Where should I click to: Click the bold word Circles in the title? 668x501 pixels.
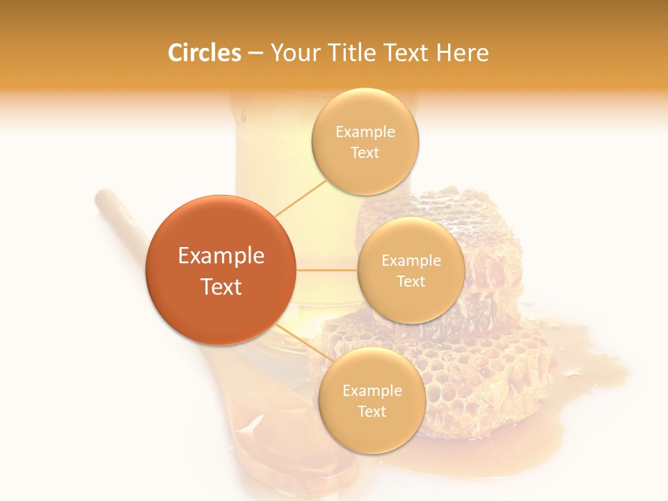205,53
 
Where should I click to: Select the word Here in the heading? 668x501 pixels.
462,53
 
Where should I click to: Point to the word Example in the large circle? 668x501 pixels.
221,256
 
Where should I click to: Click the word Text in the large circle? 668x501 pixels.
221,287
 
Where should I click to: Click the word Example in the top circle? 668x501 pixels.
365,132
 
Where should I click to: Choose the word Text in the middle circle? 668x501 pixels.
411,282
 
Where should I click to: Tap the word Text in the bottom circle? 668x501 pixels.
372,412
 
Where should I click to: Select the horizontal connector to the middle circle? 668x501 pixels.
326,270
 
